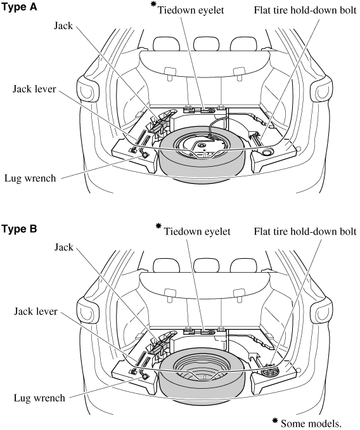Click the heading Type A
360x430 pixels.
click(x=19, y=7)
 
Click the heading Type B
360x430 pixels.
click(x=19, y=228)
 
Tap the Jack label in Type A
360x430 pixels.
click(x=63, y=26)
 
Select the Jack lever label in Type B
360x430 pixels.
click(x=35, y=311)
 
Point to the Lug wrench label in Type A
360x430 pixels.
click(x=30, y=178)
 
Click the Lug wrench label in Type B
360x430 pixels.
click(x=39, y=398)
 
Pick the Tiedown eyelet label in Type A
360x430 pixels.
click(x=191, y=10)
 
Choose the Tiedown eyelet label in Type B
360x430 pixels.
click(x=197, y=231)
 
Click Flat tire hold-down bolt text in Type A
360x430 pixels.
click(x=305, y=10)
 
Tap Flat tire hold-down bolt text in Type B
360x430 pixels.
click(x=305, y=231)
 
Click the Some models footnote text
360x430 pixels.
click(x=311, y=424)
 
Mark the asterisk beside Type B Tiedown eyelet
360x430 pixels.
click(x=158, y=226)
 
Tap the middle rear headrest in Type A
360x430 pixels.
click(x=207, y=44)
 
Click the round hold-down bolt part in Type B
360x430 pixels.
click(x=269, y=371)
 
